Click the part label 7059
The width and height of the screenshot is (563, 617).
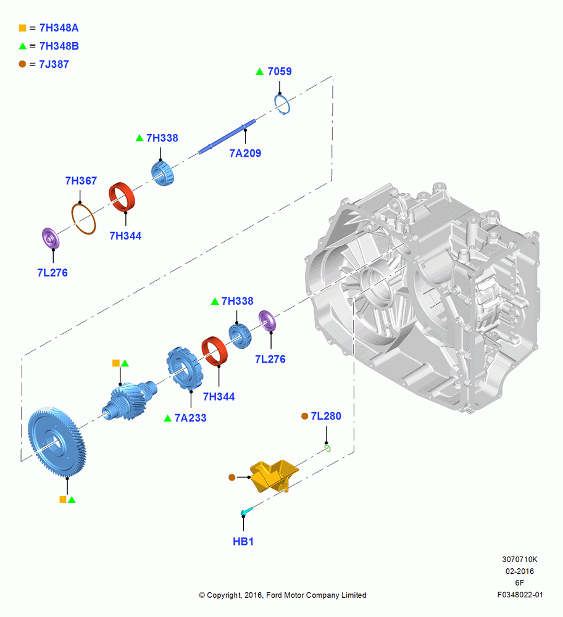pos(280,71)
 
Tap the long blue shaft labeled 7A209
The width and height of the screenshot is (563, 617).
pos(228,136)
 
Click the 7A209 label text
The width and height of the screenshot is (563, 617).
pos(245,153)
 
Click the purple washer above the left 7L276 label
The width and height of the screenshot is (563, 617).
pos(51,238)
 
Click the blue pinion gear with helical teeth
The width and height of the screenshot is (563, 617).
pos(129,401)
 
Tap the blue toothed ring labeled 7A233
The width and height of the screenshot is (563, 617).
pos(184,368)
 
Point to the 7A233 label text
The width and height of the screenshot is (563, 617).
pos(191,418)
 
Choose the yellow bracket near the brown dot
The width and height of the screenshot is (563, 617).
pos(274,476)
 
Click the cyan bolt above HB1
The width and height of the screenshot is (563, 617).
pos(246,511)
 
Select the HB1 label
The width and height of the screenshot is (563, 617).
pos(243,542)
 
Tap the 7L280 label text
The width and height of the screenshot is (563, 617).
pos(326,416)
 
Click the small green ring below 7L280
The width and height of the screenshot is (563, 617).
pos(328,448)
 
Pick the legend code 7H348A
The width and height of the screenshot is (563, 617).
pos(59,28)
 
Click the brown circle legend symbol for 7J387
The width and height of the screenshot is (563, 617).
pos(22,64)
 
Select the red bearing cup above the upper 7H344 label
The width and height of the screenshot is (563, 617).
pos(122,197)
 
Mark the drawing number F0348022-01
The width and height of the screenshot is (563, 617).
pos(520,595)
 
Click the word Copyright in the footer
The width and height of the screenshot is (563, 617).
pos(224,595)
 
